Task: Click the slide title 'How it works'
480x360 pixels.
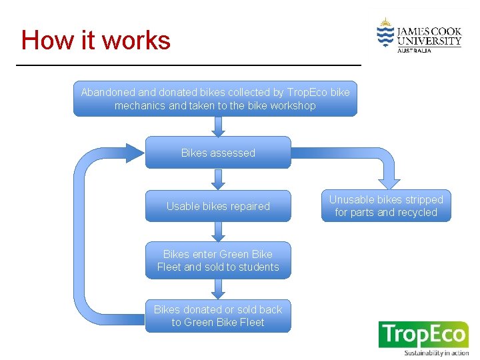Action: tap(96, 41)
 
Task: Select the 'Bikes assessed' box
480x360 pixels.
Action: tap(218, 153)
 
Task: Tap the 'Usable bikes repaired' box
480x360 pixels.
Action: tap(218, 206)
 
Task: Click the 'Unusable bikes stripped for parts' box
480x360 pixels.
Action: tap(385, 206)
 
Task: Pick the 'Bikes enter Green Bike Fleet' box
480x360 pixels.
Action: tap(218, 260)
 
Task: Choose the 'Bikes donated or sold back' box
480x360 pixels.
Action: tap(218, 316)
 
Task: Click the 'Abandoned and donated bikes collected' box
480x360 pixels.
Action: tap(215, 99)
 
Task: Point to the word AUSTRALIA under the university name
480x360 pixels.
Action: tap(414, 51)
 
